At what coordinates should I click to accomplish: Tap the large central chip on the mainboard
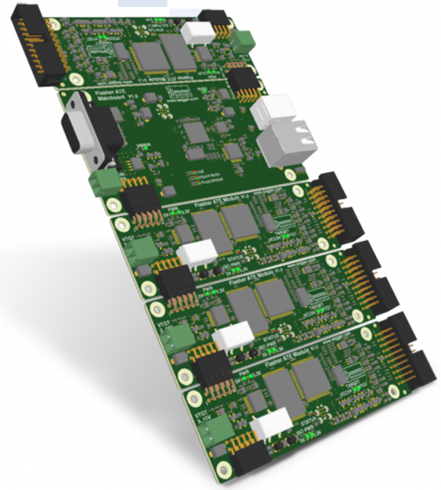[197, 132]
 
